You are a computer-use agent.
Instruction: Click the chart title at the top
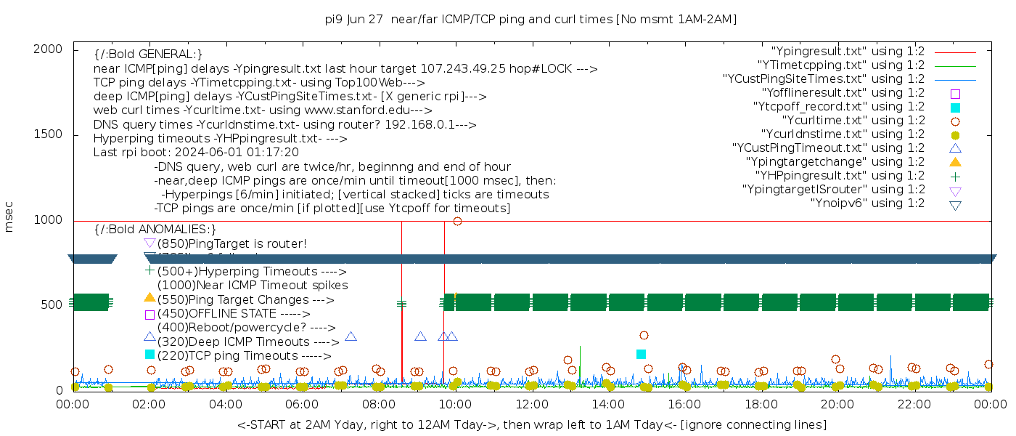coord(531,19)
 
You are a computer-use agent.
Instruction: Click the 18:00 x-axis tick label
coord(761,404)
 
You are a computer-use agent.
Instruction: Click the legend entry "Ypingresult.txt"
coord(848,52)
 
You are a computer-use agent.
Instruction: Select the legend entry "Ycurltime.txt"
coord(853,121)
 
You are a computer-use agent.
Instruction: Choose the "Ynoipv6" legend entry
coord(867,203)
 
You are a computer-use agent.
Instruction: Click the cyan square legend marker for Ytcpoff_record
coord(955,108)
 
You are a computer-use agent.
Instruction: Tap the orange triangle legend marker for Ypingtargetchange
coord(955,162)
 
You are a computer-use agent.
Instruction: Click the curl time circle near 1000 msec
coord(457,221)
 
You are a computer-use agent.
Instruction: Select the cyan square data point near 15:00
coord(641,354)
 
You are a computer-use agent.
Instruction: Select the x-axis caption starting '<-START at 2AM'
coord(531,424)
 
